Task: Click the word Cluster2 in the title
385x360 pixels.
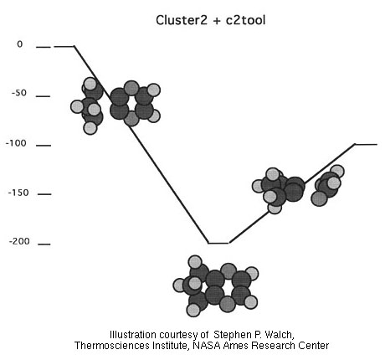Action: coord(182,20)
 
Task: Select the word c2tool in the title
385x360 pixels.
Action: coord(246,20)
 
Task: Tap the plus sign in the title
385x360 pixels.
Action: coord(217,21)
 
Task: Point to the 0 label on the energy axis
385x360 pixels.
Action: coord(19,44)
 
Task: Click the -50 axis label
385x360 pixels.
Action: coord(19,93)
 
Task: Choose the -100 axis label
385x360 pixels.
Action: coord(16,143)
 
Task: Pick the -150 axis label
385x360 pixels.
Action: coord(18,193)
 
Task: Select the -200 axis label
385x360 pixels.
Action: coord(19,241)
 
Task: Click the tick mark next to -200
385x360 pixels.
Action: coord(44,244)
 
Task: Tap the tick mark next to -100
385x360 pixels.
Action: coord(44,146)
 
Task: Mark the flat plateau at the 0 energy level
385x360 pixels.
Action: coord(64,46)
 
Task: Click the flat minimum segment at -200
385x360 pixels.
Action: coord(218,243)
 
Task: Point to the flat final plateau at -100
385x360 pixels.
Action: coord(366,144)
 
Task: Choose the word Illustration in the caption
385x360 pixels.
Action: coord(133,335)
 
